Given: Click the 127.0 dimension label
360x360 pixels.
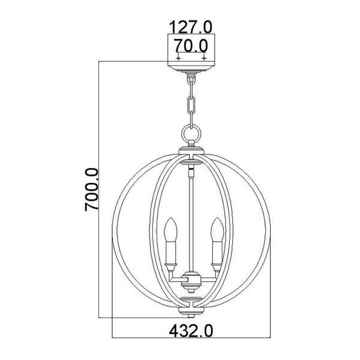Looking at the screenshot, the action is pos(191,27).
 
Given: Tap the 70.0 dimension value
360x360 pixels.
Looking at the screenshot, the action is pos(191,46).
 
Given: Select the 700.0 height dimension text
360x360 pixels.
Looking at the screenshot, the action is pos(92,190).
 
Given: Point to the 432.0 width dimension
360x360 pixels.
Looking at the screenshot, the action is pos(191,331).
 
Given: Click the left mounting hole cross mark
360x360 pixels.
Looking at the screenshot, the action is pos(178,58).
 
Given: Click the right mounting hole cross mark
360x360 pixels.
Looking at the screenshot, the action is pos(204,58).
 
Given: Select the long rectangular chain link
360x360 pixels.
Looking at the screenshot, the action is pos(191,104).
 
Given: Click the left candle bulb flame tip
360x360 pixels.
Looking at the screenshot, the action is pos(170,217).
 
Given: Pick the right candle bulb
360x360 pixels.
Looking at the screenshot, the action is pos(217,230).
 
